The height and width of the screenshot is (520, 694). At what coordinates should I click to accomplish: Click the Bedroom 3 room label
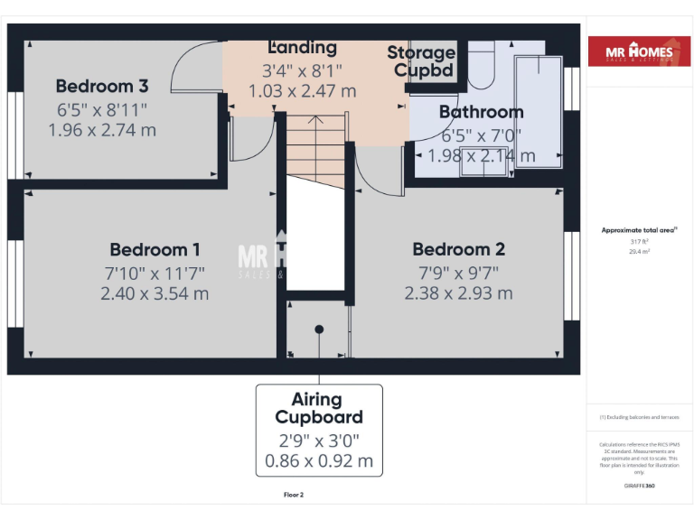click(x=101, y=87)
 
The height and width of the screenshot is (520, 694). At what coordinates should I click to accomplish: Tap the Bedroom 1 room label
click(x=155, y=250)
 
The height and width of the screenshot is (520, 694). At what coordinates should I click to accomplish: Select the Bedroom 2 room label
click(x=458, y=250)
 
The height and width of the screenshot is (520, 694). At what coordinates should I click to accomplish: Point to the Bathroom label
click(x=481, y=113)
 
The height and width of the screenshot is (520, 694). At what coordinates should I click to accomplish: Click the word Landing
click(x=303, y=48)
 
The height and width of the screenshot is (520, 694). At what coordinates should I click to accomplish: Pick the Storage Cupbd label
click(x=421, y=61)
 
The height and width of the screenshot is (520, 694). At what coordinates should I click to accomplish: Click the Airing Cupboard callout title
click(x=318, y=408)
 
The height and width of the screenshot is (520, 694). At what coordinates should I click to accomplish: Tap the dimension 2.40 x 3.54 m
click(x=155, y=293)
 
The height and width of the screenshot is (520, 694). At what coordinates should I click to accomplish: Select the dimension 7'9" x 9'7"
click(x=458, y=272)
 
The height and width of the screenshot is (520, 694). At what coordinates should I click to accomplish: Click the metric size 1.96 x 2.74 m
click(x=101, y=130)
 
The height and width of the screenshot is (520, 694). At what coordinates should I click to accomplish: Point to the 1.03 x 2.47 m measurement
click(x=303, y=91)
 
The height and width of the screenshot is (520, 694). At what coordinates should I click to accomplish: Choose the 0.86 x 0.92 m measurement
click(x=318, y=460)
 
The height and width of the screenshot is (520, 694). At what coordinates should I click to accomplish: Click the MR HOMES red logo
click(x=641, y=52)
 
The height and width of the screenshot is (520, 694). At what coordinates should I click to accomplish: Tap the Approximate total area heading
click(x=640, y=231)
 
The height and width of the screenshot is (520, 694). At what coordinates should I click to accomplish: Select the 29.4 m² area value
click(x=640, y=252)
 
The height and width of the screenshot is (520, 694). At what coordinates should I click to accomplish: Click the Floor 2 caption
click(x=294, y=495)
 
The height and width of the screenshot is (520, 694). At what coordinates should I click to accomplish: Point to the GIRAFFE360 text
click(x=640, y=486)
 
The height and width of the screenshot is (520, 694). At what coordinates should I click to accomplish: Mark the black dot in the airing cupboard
click(x=318, y=330)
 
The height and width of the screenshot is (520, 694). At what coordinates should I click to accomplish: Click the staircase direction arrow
click(x=317, y=121)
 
